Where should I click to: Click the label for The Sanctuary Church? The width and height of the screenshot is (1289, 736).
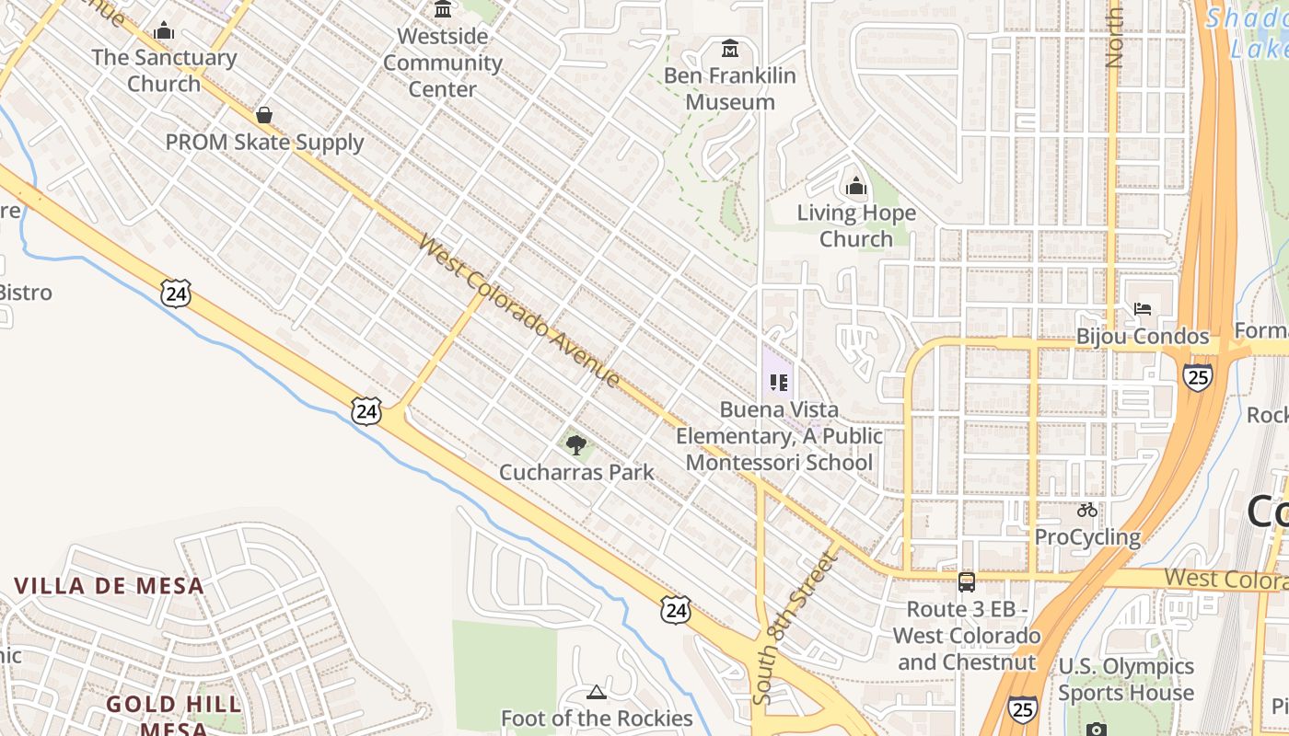pos(164,71)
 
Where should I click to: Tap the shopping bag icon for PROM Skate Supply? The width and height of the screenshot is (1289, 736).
pos(264,115)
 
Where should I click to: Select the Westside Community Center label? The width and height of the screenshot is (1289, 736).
pos(443,63)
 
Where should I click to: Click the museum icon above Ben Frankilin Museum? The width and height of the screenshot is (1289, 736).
pos(730,48)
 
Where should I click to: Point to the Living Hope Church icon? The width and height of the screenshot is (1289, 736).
pos(856,187)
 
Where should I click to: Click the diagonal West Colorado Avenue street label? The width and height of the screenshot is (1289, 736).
pos(519,311)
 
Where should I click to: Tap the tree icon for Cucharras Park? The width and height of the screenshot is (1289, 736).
pos(576,446)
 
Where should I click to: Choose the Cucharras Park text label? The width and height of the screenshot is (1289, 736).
pos(576,472)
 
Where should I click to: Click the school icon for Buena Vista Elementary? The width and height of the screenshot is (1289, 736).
pos(779,382)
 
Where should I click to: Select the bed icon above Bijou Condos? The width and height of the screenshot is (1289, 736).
pos(1143,309)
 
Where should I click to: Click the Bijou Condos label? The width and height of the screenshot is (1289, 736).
pos(1142,337)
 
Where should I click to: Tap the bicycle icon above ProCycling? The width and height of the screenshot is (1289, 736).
pos(1087,510)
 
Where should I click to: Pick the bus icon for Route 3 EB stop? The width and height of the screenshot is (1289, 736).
pos(967,581)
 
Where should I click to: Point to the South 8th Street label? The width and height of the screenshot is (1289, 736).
pos(793,627)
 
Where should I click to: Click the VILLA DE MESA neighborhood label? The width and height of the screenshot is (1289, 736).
pos(109,586)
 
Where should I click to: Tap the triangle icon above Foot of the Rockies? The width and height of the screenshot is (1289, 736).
pos(597,692)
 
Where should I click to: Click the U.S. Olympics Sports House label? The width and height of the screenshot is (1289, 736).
pos(1125,679)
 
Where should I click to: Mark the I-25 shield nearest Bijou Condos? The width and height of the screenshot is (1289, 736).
pos(1197,377)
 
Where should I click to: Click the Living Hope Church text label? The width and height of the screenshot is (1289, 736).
pos(856,226)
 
